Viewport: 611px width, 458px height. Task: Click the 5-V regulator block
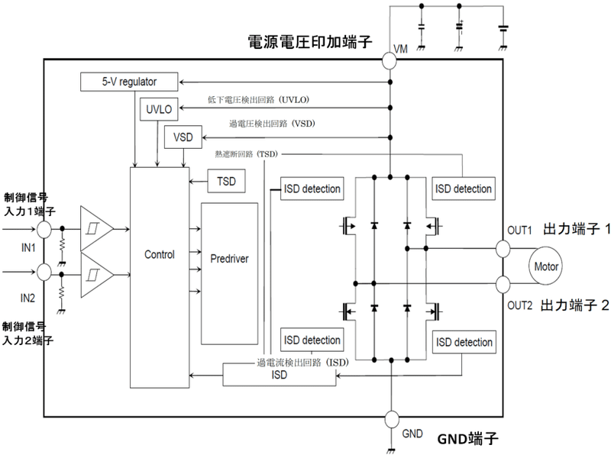[129, 81]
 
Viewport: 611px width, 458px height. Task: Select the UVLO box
[159, 110]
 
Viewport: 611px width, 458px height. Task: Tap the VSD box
[183, 137]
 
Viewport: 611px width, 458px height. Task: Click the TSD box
[227, 182]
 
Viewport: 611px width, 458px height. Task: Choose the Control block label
[159, 254]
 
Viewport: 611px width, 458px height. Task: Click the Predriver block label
[230, 258]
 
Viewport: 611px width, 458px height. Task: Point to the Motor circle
[546, 268]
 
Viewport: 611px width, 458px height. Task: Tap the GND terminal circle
[390, 419]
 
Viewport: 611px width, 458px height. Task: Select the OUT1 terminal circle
[503, 249]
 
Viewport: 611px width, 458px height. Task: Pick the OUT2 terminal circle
[503, 285]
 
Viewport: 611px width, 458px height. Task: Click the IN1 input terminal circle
[44, 229]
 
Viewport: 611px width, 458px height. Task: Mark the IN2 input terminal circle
[44, 272]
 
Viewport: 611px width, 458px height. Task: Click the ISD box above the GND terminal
[280, 374]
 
